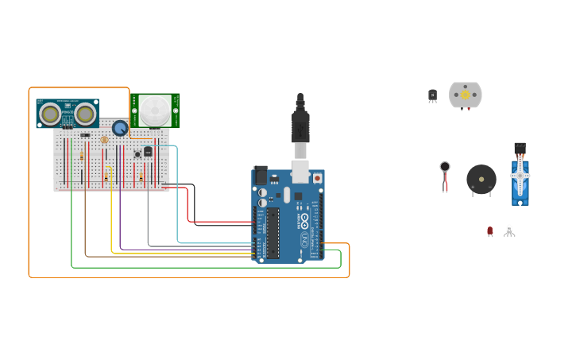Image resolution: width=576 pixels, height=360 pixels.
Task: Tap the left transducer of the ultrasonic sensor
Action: point(50,114)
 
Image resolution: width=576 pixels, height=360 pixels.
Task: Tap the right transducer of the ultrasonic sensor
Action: point(85,114)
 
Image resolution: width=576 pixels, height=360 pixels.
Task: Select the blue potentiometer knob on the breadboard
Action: point(120,128)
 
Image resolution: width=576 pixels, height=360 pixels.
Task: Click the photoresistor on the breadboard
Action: point(105,140)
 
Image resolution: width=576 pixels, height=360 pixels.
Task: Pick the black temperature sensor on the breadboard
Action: point(148,151)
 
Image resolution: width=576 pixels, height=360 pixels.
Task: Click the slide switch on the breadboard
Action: point(85,135)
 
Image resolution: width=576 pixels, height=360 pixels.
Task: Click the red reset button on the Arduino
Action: point(318,178)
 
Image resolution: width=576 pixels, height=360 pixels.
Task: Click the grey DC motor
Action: point(465,95)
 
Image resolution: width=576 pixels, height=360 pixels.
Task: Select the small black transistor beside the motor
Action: point(432,95)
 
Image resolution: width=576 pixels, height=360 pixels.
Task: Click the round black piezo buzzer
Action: point(481,180)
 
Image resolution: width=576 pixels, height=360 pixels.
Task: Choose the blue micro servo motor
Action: point(520,176)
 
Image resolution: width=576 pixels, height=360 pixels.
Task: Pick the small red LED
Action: point(490,231)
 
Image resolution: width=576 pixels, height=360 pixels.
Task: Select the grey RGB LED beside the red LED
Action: point(509,230)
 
